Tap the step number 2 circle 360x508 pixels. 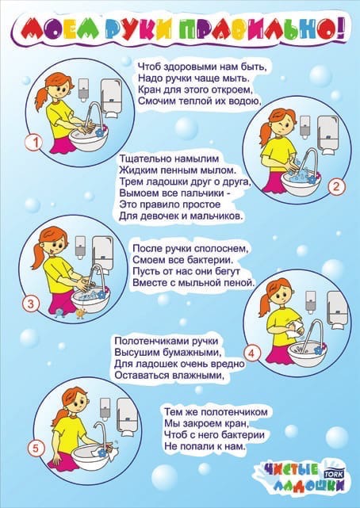coord(337,188)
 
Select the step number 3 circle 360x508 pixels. coord(30,304)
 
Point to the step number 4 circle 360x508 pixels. coord(252,353)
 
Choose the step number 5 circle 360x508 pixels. coord(36,449)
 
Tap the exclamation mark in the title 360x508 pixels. coord(339,30)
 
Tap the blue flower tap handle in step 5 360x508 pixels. coord(103,452)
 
